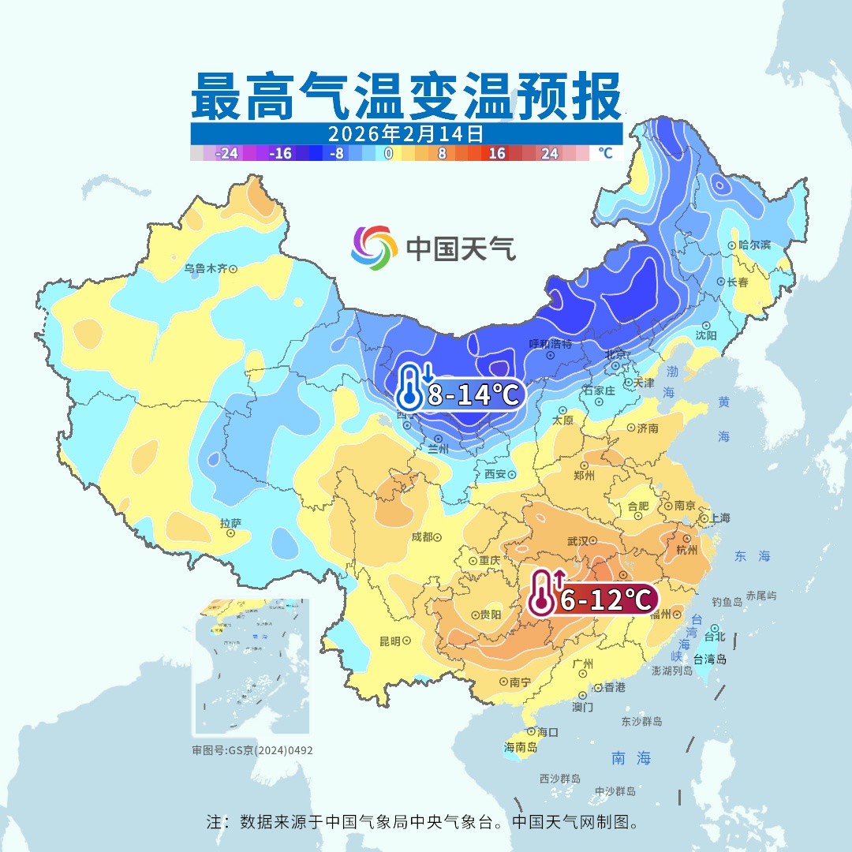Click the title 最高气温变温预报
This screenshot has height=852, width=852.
pos(405,96)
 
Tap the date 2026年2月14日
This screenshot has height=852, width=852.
pos(405,133)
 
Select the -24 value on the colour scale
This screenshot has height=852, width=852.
pos(227,154)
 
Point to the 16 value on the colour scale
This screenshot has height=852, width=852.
pos(496,154)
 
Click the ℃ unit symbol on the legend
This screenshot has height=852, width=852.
pos(605,153)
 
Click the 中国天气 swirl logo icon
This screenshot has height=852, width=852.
pos(374,248)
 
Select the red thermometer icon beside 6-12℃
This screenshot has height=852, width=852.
pos(544,592)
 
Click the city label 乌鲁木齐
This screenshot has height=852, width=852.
pos(205,268)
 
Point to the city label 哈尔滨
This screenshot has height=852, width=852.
pos(755,245)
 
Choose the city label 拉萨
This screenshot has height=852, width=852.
pos(230,522)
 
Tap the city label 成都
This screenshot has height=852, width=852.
pos(422,536)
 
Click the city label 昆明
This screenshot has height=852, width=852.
pos(390,641)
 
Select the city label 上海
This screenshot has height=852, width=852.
pos(719,518)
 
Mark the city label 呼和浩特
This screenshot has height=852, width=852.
pos(550,344)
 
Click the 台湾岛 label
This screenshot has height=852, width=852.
pos(711,659)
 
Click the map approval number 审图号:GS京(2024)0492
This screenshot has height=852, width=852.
pos(252,750)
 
